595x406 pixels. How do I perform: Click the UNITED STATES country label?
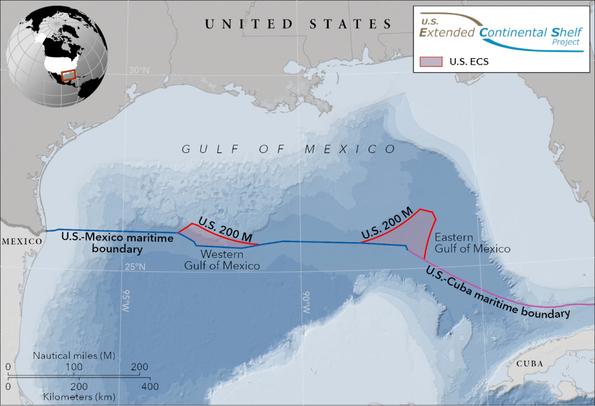(x=298, y=24)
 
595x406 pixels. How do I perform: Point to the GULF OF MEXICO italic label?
(x=289, y=149)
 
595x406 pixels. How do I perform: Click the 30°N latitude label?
(x=139, y=70)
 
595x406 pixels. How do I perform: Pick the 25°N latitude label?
(x=135, y=267)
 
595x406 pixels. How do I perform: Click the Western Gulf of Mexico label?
(x=222, y=260)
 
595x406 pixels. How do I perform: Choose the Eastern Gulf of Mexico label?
(x=472, y=243)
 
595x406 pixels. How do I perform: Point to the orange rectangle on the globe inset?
(x=69, y=75)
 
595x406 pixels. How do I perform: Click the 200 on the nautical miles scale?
(x=139, y=367)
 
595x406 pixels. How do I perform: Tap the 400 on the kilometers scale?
(x=149, y=386)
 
